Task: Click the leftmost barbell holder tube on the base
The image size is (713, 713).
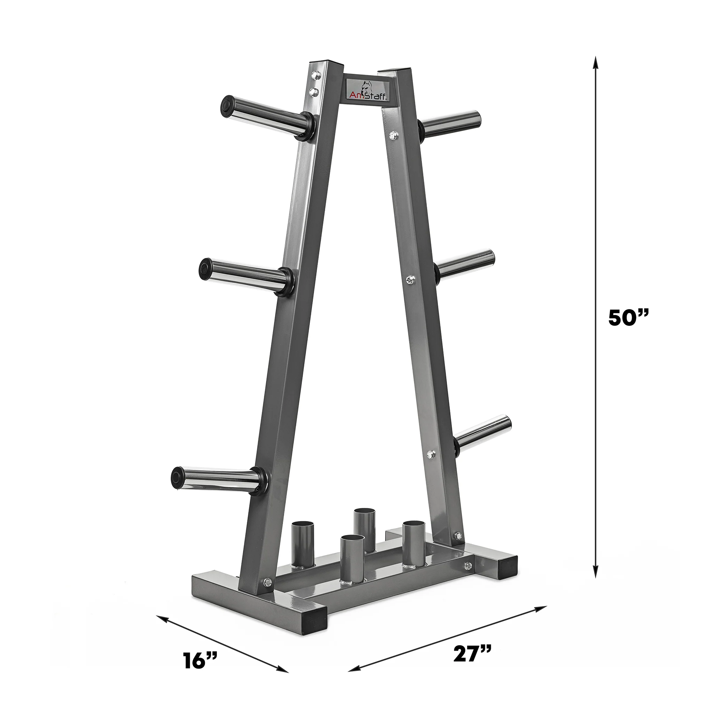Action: [301, 548]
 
